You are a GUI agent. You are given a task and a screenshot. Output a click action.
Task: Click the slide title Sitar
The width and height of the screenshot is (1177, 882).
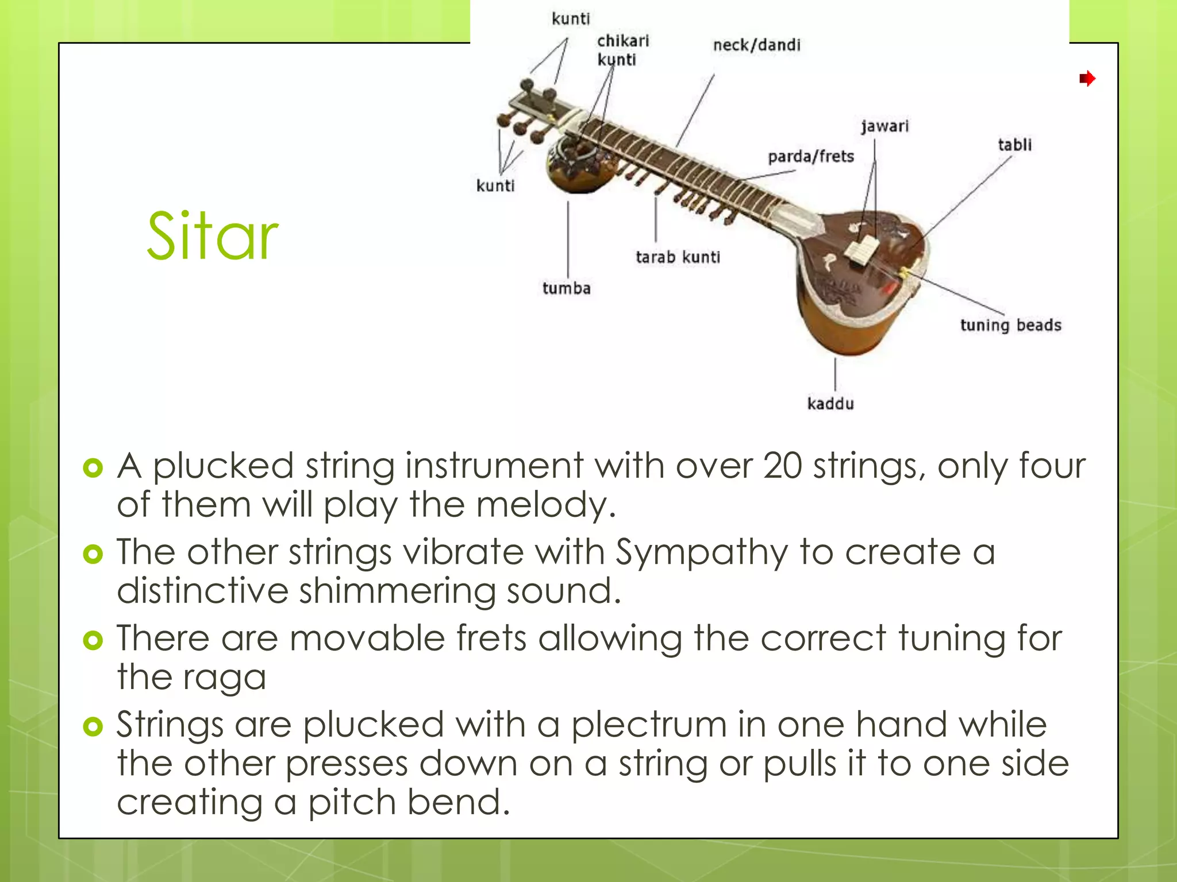212,236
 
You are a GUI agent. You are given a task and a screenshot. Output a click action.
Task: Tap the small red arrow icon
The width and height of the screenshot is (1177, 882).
1087,78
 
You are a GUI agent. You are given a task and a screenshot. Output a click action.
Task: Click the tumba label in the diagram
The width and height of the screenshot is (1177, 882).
566,288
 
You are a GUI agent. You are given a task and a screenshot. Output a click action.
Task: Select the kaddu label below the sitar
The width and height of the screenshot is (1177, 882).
830,404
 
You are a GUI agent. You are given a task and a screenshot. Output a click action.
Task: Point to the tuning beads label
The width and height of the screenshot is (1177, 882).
1010,325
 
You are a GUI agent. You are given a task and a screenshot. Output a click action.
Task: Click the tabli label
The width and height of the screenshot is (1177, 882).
1014,145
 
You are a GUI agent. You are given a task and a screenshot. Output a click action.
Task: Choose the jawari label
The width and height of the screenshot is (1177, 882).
884,126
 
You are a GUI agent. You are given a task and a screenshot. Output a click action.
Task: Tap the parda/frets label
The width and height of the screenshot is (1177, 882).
811,156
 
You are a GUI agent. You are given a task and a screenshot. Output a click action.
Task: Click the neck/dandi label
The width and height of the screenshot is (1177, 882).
756,45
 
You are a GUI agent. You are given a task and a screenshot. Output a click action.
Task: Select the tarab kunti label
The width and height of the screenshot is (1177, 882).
678,257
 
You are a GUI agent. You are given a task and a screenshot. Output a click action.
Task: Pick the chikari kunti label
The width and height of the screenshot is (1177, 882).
622,50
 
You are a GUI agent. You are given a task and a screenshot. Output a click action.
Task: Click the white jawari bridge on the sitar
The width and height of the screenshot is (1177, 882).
861,251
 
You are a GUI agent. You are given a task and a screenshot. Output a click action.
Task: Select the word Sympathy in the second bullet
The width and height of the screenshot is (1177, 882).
702,552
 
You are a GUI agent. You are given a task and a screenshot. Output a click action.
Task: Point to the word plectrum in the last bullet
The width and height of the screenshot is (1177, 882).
648,724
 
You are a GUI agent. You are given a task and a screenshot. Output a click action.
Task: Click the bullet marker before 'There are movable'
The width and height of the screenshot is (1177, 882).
93,640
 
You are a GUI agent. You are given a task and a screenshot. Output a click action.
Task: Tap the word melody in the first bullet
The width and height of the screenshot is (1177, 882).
545,505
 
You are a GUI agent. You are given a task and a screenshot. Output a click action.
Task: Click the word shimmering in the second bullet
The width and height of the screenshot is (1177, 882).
397,591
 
